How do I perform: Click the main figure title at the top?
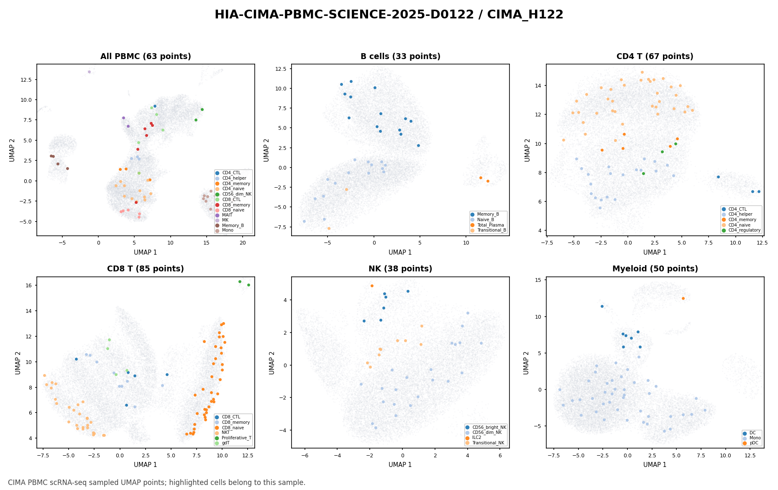coord(389,15)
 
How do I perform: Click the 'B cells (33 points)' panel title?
coord(400,57)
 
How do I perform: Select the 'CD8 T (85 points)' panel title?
coord(146,269)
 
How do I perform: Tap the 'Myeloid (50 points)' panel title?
coord(655,269)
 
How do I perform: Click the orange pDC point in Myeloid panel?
coord(683,299)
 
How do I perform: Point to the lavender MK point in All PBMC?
coord(89,72)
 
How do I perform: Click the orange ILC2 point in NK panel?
coord(372,286)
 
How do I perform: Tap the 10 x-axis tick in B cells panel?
coord(466,242)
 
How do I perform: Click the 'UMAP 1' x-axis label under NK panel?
coord(400,465)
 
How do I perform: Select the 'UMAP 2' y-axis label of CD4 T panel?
coord(527,150)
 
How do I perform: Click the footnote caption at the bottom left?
coord(157,482)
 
